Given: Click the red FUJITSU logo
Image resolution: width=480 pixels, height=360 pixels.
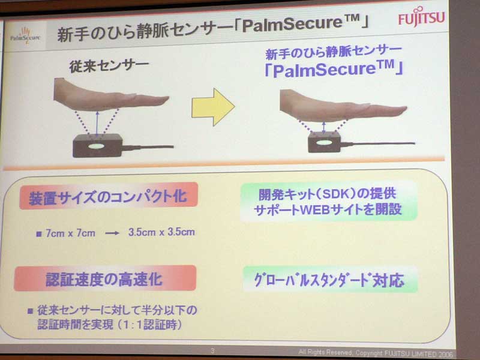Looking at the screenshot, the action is tap(421, 17).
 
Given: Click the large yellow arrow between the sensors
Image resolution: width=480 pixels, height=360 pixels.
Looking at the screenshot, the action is tap(213, 107).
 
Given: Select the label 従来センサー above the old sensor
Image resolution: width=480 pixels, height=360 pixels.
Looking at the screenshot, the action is tap(109, 66).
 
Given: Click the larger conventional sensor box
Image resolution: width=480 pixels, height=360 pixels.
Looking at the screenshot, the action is tap(98, 145).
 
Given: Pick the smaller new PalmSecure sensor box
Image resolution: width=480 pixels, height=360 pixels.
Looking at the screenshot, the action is tap(324, 142).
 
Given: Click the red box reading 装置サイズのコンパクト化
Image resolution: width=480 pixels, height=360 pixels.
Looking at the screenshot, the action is tap(109, 196).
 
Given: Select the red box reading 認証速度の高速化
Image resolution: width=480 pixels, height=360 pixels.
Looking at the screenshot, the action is tap(105, 278).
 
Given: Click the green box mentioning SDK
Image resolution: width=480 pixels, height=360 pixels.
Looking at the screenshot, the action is tap(329, 201).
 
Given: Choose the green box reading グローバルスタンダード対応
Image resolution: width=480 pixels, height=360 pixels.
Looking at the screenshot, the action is tap(330, 280).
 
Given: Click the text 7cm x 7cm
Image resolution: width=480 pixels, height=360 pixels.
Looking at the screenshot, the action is tap(70, 233).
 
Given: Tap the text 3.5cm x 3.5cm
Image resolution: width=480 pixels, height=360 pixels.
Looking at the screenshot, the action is tap(161, 232).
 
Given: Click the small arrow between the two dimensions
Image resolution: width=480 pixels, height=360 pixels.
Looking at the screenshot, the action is tap(112, 233).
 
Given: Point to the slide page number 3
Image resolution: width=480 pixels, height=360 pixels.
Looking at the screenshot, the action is tap(213, 351).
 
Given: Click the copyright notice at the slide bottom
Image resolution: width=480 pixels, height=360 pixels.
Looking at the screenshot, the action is tap(376, 353).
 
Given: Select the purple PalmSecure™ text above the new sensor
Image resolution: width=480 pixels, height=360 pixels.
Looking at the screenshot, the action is tap(334, 69).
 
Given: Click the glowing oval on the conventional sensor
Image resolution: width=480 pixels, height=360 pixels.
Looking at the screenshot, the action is tap(97, 146).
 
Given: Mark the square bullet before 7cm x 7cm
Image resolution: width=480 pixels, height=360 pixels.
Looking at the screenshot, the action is tap(39, 234).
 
